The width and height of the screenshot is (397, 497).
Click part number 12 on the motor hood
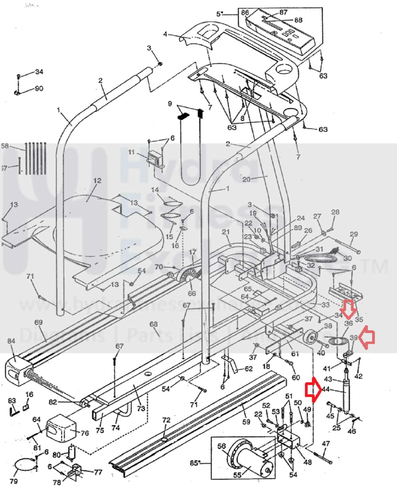[x=97, y=181]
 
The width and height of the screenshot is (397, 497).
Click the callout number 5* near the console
[x=220, y=14]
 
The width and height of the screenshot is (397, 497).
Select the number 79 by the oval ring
[x=14, y=481]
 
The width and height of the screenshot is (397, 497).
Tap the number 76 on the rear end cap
[x=85, y=433]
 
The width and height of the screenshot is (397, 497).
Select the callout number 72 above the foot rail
[x=166, y=420]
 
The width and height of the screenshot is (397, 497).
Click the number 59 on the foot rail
[x=246, y=422]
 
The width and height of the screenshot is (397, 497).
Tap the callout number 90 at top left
[x=39, y=89]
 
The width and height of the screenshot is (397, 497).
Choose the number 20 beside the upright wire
[x=246, y=179]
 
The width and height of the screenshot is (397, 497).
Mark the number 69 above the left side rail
[x=38, y=322]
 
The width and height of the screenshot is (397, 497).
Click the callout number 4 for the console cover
[x=165, y=34]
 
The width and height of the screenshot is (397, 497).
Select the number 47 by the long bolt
[x=326, y=444]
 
